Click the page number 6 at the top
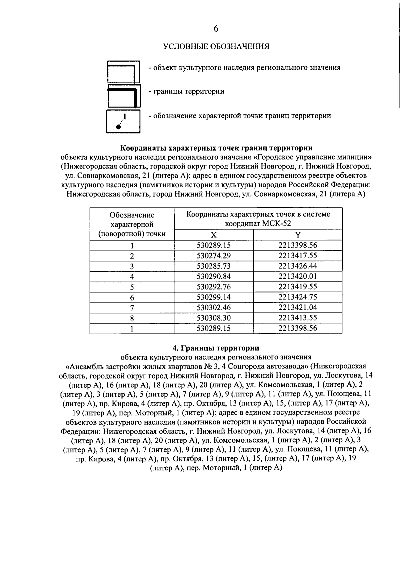coord(216,29)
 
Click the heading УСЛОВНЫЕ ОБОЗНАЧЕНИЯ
coord(216,46)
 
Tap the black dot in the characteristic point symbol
coord(118,126)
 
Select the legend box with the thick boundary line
coord(124,97)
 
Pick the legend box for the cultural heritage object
coord(124,72)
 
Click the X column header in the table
coord(214,235)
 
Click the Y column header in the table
coord(298,235)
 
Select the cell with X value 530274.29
coord(214,256)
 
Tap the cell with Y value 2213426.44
coord(298,266)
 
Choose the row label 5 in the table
coord(132,287)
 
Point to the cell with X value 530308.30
coord(214,318)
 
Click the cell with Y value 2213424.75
coord(298,297)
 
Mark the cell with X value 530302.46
coord(214,307)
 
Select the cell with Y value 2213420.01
coord(298,276)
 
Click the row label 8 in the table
coord(132,318)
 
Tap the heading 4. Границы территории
coord(216,348)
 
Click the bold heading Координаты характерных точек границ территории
coord(216,148)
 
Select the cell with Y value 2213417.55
coord(298,256)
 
